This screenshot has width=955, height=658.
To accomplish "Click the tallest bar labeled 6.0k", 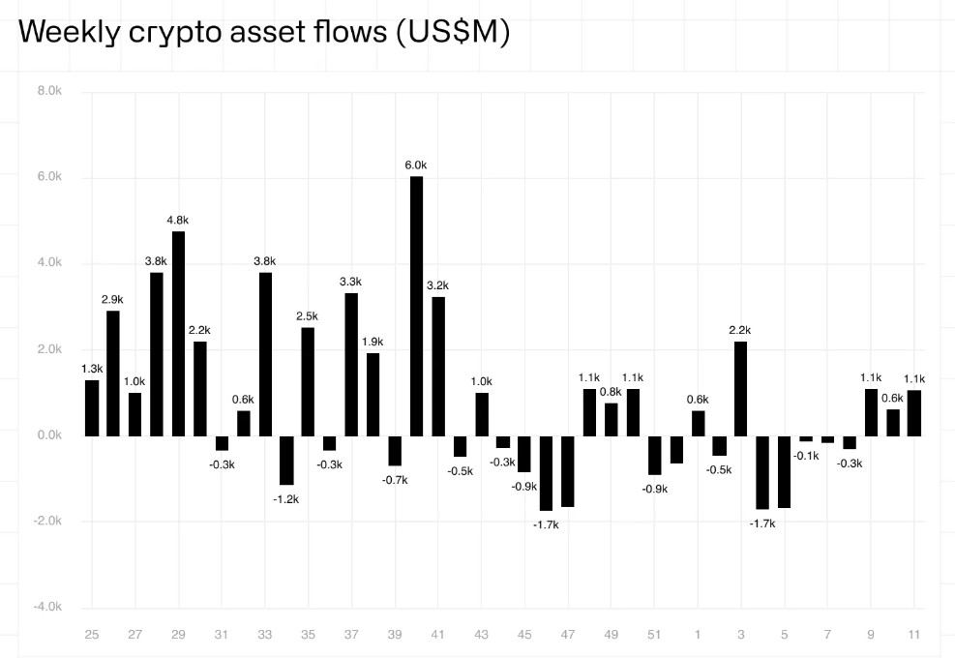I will (417, 306).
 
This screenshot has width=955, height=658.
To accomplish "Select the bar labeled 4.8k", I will (178, 333).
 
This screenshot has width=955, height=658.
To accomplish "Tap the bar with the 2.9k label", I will (113, 373).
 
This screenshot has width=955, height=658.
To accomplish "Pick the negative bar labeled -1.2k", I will (286, 460).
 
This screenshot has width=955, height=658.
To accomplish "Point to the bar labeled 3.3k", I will (351, 364).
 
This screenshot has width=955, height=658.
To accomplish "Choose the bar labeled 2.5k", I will (308, 381).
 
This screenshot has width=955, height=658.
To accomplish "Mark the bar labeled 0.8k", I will (612, 419).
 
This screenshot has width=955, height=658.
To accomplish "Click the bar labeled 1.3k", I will (92, 407).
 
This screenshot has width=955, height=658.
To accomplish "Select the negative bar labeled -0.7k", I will (395, 451).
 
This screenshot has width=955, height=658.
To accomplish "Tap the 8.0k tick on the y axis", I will (49, 91).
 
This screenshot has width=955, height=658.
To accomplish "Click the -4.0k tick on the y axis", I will (47, 607).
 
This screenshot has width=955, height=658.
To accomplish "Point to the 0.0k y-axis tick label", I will (49, 435).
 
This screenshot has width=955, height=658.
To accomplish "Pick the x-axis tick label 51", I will (655, 635).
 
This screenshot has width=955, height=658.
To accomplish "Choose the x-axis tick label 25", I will (92, 635).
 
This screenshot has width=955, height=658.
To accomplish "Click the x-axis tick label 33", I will (265, 635).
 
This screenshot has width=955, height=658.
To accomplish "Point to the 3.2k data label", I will (438, 285).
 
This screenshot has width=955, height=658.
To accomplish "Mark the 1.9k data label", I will (373, 342).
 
